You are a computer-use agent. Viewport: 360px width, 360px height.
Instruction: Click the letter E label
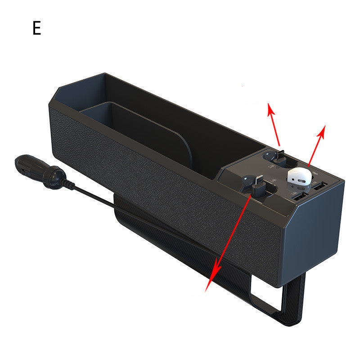point(36,28)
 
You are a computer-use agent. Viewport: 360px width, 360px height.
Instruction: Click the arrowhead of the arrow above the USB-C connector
point(270,108)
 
